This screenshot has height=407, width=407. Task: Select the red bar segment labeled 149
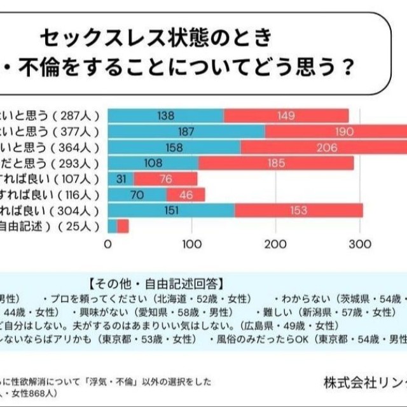(286, 116)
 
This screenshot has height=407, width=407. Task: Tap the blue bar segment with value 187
(186, 132)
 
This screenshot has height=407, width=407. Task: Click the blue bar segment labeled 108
(153, 163)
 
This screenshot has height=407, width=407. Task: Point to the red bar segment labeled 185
(275, 163)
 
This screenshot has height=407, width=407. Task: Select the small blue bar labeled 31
(121, 179)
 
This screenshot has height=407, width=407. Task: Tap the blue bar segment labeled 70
(137, 194)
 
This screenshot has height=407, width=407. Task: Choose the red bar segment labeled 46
(186, 194)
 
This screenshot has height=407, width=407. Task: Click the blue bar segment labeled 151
(171, 210)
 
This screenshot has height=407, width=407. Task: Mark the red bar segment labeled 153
(298, 210)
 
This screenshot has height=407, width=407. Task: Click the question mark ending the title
(346, 67)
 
